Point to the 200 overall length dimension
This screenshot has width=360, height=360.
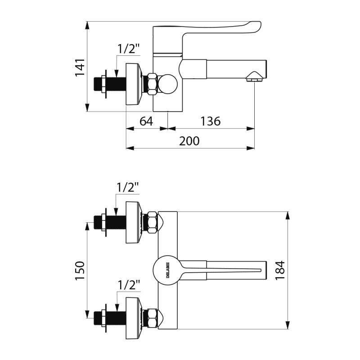189,140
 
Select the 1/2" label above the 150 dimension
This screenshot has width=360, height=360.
128,186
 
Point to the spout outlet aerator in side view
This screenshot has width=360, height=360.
254,80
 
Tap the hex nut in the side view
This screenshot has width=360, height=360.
151,84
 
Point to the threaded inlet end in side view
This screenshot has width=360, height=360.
98,84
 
